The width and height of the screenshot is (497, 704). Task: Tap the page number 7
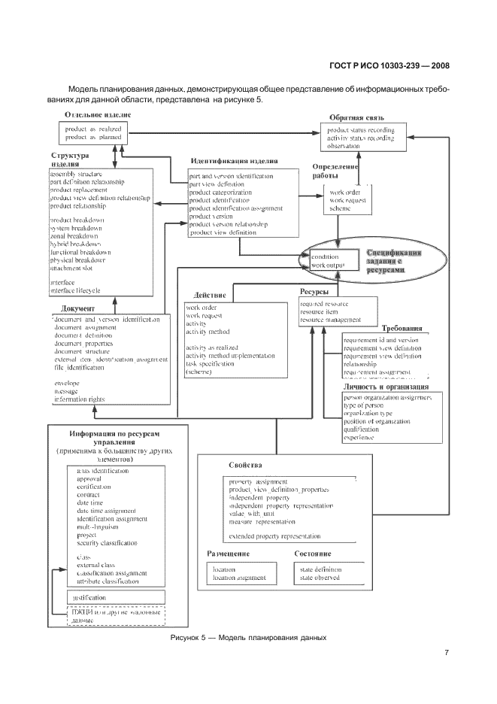(447, 651)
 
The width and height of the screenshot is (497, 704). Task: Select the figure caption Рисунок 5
(248, 637)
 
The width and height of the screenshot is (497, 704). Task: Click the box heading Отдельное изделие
(98, 114)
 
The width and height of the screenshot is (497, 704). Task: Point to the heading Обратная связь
(357, 118)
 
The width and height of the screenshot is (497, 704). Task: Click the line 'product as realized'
(93, 129)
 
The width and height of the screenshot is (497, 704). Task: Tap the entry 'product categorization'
(220, 192)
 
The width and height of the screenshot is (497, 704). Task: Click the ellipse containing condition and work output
(335, 261)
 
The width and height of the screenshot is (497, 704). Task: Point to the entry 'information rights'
(80, 399)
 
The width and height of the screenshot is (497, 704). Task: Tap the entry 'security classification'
(107, 543)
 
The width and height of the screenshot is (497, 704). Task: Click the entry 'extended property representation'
(274, 536)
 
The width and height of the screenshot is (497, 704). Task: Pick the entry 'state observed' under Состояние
(320, 578)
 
